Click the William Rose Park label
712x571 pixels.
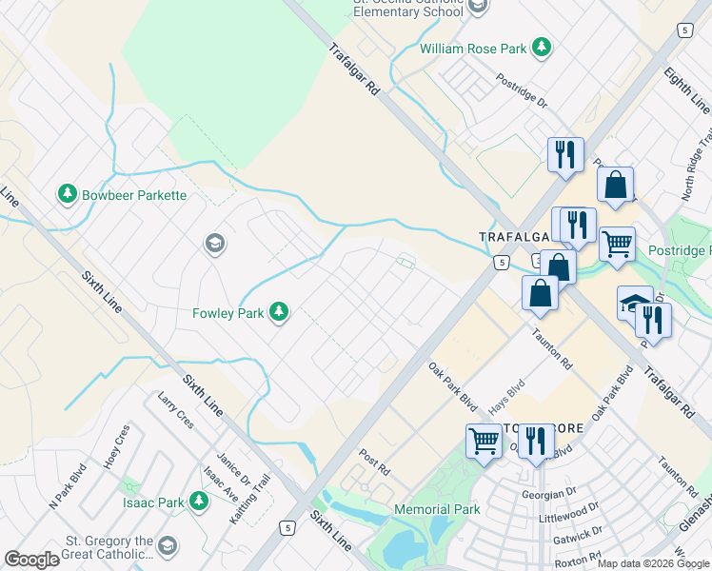pos(473,47)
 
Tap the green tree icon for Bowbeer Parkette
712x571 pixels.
pos(67,194)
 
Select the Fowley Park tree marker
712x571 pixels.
pos(279,311)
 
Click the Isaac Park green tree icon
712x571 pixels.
pos(199,501)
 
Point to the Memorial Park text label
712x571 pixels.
pos(437,510)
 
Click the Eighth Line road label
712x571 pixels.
pos(686,91)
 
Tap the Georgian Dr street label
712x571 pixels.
pos(549,495)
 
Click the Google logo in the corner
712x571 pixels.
pos(32,560)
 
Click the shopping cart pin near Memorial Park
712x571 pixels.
pos(484,441)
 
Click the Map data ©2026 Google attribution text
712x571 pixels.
pos(653,563)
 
